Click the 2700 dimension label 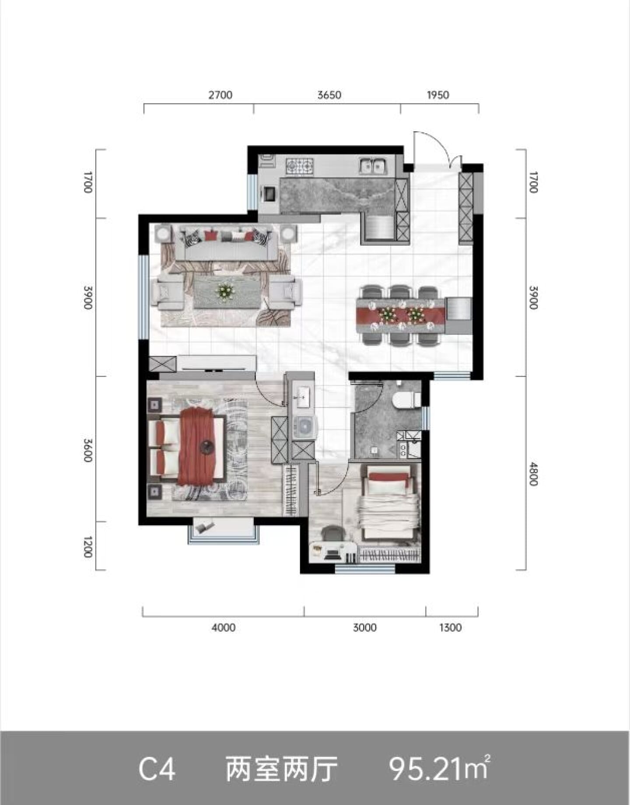point(220,95)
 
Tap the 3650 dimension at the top point(329,95)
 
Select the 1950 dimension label point(438,95)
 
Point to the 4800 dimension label point(532,474)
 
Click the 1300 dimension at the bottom point(450,627)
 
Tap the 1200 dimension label point(88,546)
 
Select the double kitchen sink point(372,166)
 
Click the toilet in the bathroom point(406,400)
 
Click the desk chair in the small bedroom point(332,533)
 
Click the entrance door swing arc point(438,141)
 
